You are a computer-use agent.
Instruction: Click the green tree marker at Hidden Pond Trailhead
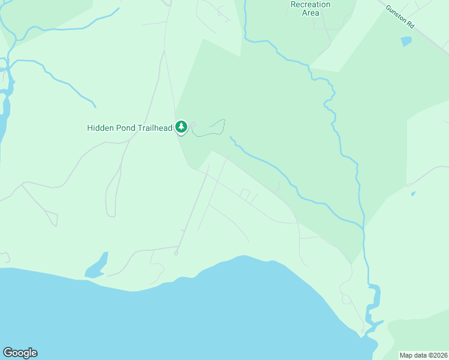pos(181,127)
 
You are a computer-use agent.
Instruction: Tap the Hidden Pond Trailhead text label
pos(130,128)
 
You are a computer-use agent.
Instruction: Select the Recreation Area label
pos(310,8)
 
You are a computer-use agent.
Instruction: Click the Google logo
pos(20,353)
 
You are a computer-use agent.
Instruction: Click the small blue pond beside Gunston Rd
pos(406,41)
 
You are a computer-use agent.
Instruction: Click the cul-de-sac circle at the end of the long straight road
pos(176,253)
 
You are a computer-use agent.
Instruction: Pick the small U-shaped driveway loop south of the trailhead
pos(244,193)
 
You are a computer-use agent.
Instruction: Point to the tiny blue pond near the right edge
pos(413,194)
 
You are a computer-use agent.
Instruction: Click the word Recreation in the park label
pos(310,4)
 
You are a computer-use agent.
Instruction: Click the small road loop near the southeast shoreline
pos(346,298)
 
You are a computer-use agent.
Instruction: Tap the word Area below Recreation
pos(310,13)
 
